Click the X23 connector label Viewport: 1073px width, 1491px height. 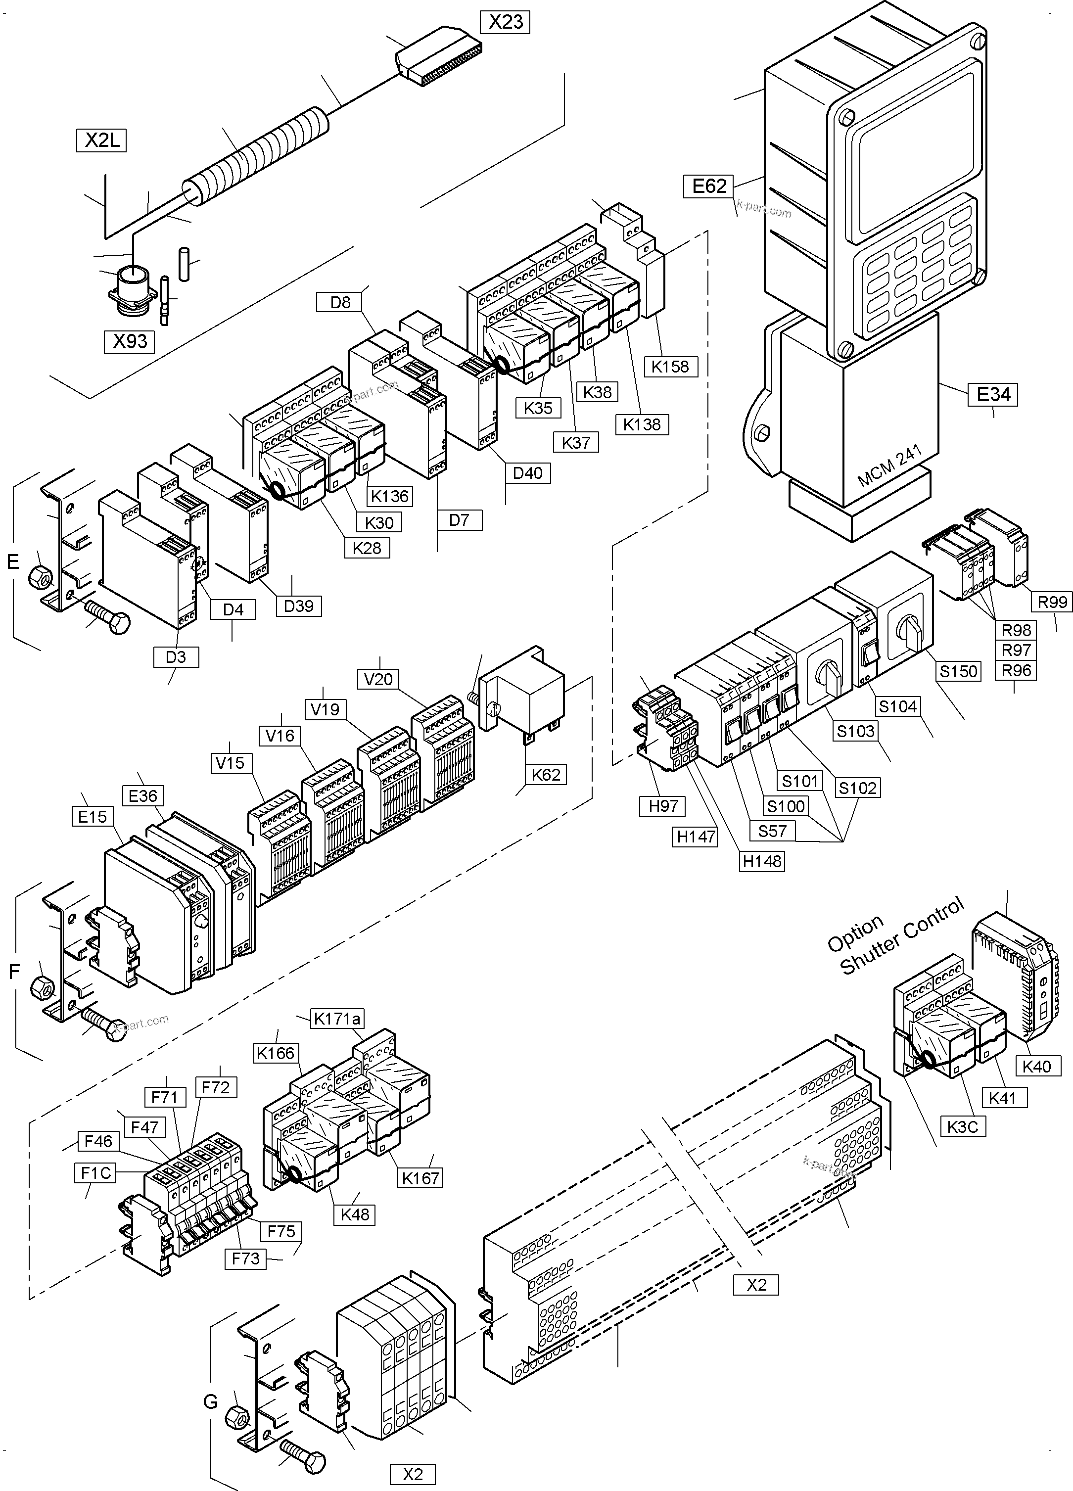[x=506, y=22]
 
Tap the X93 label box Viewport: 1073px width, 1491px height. [x=130, y=342]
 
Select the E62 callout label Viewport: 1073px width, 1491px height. [x=709, y=186]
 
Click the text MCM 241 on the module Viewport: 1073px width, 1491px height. [x=889, y=465]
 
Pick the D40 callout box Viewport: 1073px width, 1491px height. [x=527, y=472]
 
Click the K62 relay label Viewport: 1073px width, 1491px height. [x=546, y=774]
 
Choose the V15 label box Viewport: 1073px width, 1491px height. [x=230, y=763]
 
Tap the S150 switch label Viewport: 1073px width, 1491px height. [x=959, y=671]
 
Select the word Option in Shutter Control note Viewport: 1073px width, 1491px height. [x=855, y=934]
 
